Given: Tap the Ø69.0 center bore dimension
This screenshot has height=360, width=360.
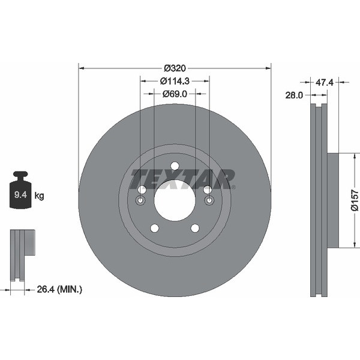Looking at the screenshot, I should (175, 94).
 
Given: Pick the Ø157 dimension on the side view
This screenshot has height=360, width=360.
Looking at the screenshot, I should (355, 199).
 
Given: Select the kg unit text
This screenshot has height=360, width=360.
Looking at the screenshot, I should (40, 195).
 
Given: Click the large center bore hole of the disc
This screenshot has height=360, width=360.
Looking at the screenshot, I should (175, 200).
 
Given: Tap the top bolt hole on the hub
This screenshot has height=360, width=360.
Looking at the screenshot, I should (175, 166).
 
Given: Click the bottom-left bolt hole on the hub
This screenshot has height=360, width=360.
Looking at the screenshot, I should (154, 228).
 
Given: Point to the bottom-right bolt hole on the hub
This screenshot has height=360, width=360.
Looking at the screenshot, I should (195, 228).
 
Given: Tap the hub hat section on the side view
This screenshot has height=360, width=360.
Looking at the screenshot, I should (332, 200).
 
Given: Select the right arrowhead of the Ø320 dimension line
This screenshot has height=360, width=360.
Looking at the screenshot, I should (268, 67).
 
